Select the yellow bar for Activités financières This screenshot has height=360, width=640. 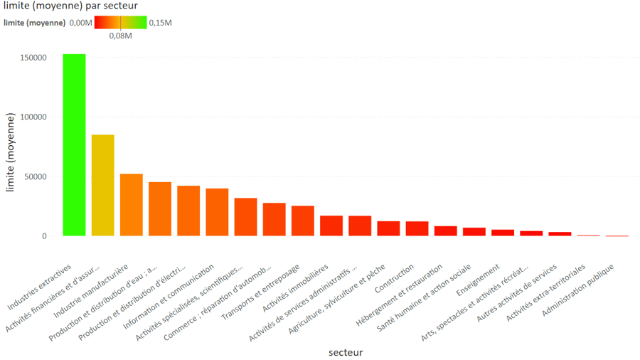click(x=102, y=185)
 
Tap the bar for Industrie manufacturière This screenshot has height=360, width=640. click(x=131, y=205)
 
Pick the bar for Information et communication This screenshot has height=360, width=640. click(x=217, y=212)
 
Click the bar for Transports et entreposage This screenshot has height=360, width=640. click(x=302, y=221)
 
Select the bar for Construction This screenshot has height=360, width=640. click(x=417, y=228)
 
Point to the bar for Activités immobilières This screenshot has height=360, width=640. click(x=331, y=226)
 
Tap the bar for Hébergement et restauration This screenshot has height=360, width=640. click(x=445, y=231)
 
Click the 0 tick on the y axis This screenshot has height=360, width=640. click(x=44, y=236)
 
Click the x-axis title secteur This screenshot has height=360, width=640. click(x=346, y=352)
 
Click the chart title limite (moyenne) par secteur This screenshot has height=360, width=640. click(x=61, y=6)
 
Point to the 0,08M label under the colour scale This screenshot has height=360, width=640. click(x=120, y=36)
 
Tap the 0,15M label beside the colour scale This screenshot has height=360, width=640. click(x=160, y=23)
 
